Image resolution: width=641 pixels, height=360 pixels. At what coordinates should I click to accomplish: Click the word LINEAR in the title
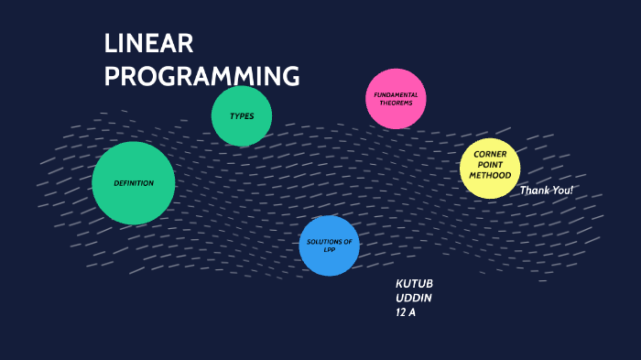[x=148, y=44]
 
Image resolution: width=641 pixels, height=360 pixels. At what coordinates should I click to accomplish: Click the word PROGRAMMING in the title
[x=201, y=77]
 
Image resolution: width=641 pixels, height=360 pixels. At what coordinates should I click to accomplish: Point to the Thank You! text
[x=547, y=191]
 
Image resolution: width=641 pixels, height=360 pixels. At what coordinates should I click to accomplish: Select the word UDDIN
[x=413, y=299]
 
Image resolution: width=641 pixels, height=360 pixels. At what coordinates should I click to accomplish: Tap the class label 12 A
[x=406, y=313]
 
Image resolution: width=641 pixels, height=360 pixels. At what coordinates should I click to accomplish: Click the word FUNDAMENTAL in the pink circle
[x=397, y=95]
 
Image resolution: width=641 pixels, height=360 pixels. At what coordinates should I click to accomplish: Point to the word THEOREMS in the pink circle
[x=397, y=104]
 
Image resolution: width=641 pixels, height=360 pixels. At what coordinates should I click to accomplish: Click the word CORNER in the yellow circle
[x=491, y=154]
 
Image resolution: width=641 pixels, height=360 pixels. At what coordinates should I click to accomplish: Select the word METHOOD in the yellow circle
[x=491, y=175]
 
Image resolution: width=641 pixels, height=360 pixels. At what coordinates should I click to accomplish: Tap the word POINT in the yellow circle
[x=491, y=165]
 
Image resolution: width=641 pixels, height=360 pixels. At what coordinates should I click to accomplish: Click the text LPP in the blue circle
[x=329, y=250]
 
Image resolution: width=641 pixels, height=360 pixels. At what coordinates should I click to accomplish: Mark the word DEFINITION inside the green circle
[x=134, y=183]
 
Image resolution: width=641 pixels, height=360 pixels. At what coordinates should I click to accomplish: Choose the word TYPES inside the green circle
[x=242, y=116]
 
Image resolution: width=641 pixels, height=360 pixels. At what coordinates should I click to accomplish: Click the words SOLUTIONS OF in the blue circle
[x=329, y=242]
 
